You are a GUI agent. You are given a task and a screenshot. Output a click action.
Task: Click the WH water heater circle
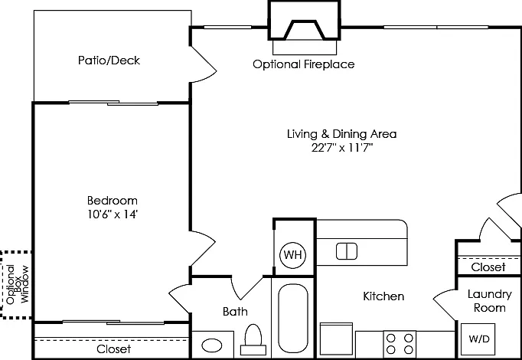pos(292,255)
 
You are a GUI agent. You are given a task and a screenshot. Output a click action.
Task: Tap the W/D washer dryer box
pos(478,339)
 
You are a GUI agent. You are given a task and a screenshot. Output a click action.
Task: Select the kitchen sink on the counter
pos(347,251)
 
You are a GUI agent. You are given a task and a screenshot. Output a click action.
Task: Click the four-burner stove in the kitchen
pos(400,344)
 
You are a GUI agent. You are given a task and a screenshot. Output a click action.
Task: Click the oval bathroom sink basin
pos(212,345)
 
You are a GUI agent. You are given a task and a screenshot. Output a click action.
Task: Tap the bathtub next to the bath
pos(293,318)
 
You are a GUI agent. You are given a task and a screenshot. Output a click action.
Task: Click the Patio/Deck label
pos(109,61)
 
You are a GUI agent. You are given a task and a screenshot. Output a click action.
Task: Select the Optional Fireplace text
pos(304,64)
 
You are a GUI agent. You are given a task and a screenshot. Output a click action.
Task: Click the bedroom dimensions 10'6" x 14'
pos(113,214)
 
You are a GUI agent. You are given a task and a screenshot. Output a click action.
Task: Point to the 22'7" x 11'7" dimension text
pos(342,147)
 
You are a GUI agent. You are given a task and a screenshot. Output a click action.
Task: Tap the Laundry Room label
pos(489,301)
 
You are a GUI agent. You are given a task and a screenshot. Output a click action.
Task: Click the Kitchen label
pos(383,296)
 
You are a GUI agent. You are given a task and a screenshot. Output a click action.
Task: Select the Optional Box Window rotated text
pos(18,284)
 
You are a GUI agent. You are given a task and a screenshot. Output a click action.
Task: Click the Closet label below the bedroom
pos(113,349)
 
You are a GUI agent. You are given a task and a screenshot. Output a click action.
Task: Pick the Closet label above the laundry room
pos(488,267)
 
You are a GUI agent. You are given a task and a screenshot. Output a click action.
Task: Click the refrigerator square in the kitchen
pos(336,339)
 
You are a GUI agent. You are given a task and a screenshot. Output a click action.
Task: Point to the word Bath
pos(235,312)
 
